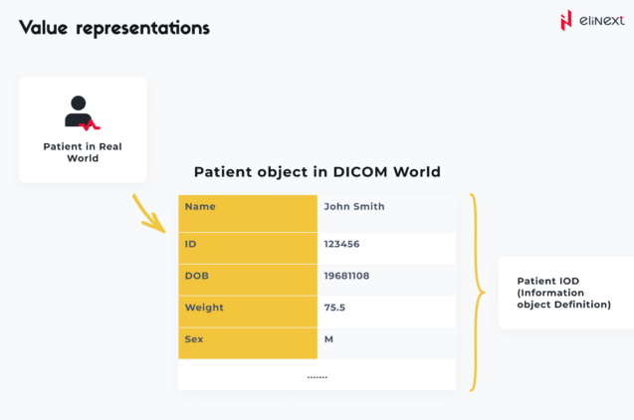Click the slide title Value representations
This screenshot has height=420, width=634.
(114, 28)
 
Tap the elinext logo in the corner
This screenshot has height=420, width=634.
(592, 21)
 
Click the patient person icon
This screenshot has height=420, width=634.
(82, 112)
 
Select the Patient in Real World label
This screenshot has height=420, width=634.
(82, 152)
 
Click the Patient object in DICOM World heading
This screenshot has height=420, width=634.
(317, 172)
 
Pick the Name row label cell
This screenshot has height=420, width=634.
(247, 208)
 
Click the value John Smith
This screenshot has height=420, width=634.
(353, 207)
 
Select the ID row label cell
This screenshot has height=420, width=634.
(247, 244)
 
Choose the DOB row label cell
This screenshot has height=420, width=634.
(247, 276)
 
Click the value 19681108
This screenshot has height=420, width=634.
(346, 276)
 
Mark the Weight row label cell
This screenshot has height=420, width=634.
(247, 309)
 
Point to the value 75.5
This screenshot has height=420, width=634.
(334, 309)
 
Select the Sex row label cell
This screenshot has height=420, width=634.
(247, 340)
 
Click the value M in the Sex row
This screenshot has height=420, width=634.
(328, 340)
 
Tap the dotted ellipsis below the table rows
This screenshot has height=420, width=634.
(317, 376)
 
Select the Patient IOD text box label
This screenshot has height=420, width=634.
(563, 293)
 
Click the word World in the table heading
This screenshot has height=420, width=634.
(417, 172)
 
